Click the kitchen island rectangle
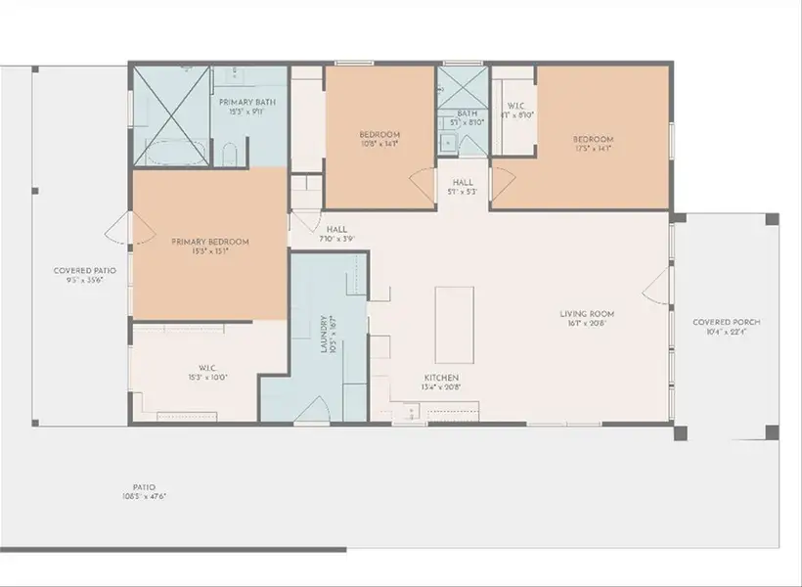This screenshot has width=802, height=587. point(454,312)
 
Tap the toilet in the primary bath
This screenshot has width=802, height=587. point(228,155)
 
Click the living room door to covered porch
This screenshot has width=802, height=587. point(658,284)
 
